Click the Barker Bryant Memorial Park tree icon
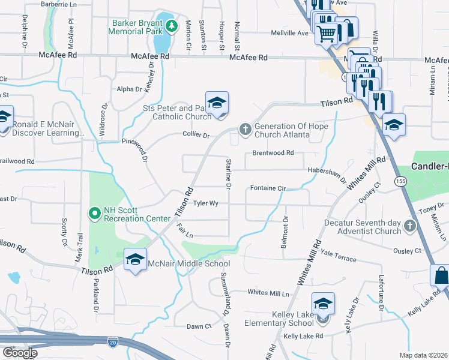[172, 26]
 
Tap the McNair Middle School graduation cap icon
[136, 259]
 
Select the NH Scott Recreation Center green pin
[94, 212]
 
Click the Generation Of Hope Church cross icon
[245, 128]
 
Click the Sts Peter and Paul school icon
[217, 103]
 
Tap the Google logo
[19, 353]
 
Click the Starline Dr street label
[228, 172]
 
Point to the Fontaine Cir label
[267, 188]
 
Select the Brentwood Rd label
[273, 153]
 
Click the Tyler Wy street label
[205, 203]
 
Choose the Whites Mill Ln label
[268, 293]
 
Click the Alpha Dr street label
[129, 89]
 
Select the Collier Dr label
[196, 135]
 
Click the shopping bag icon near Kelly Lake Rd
[441, 275]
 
